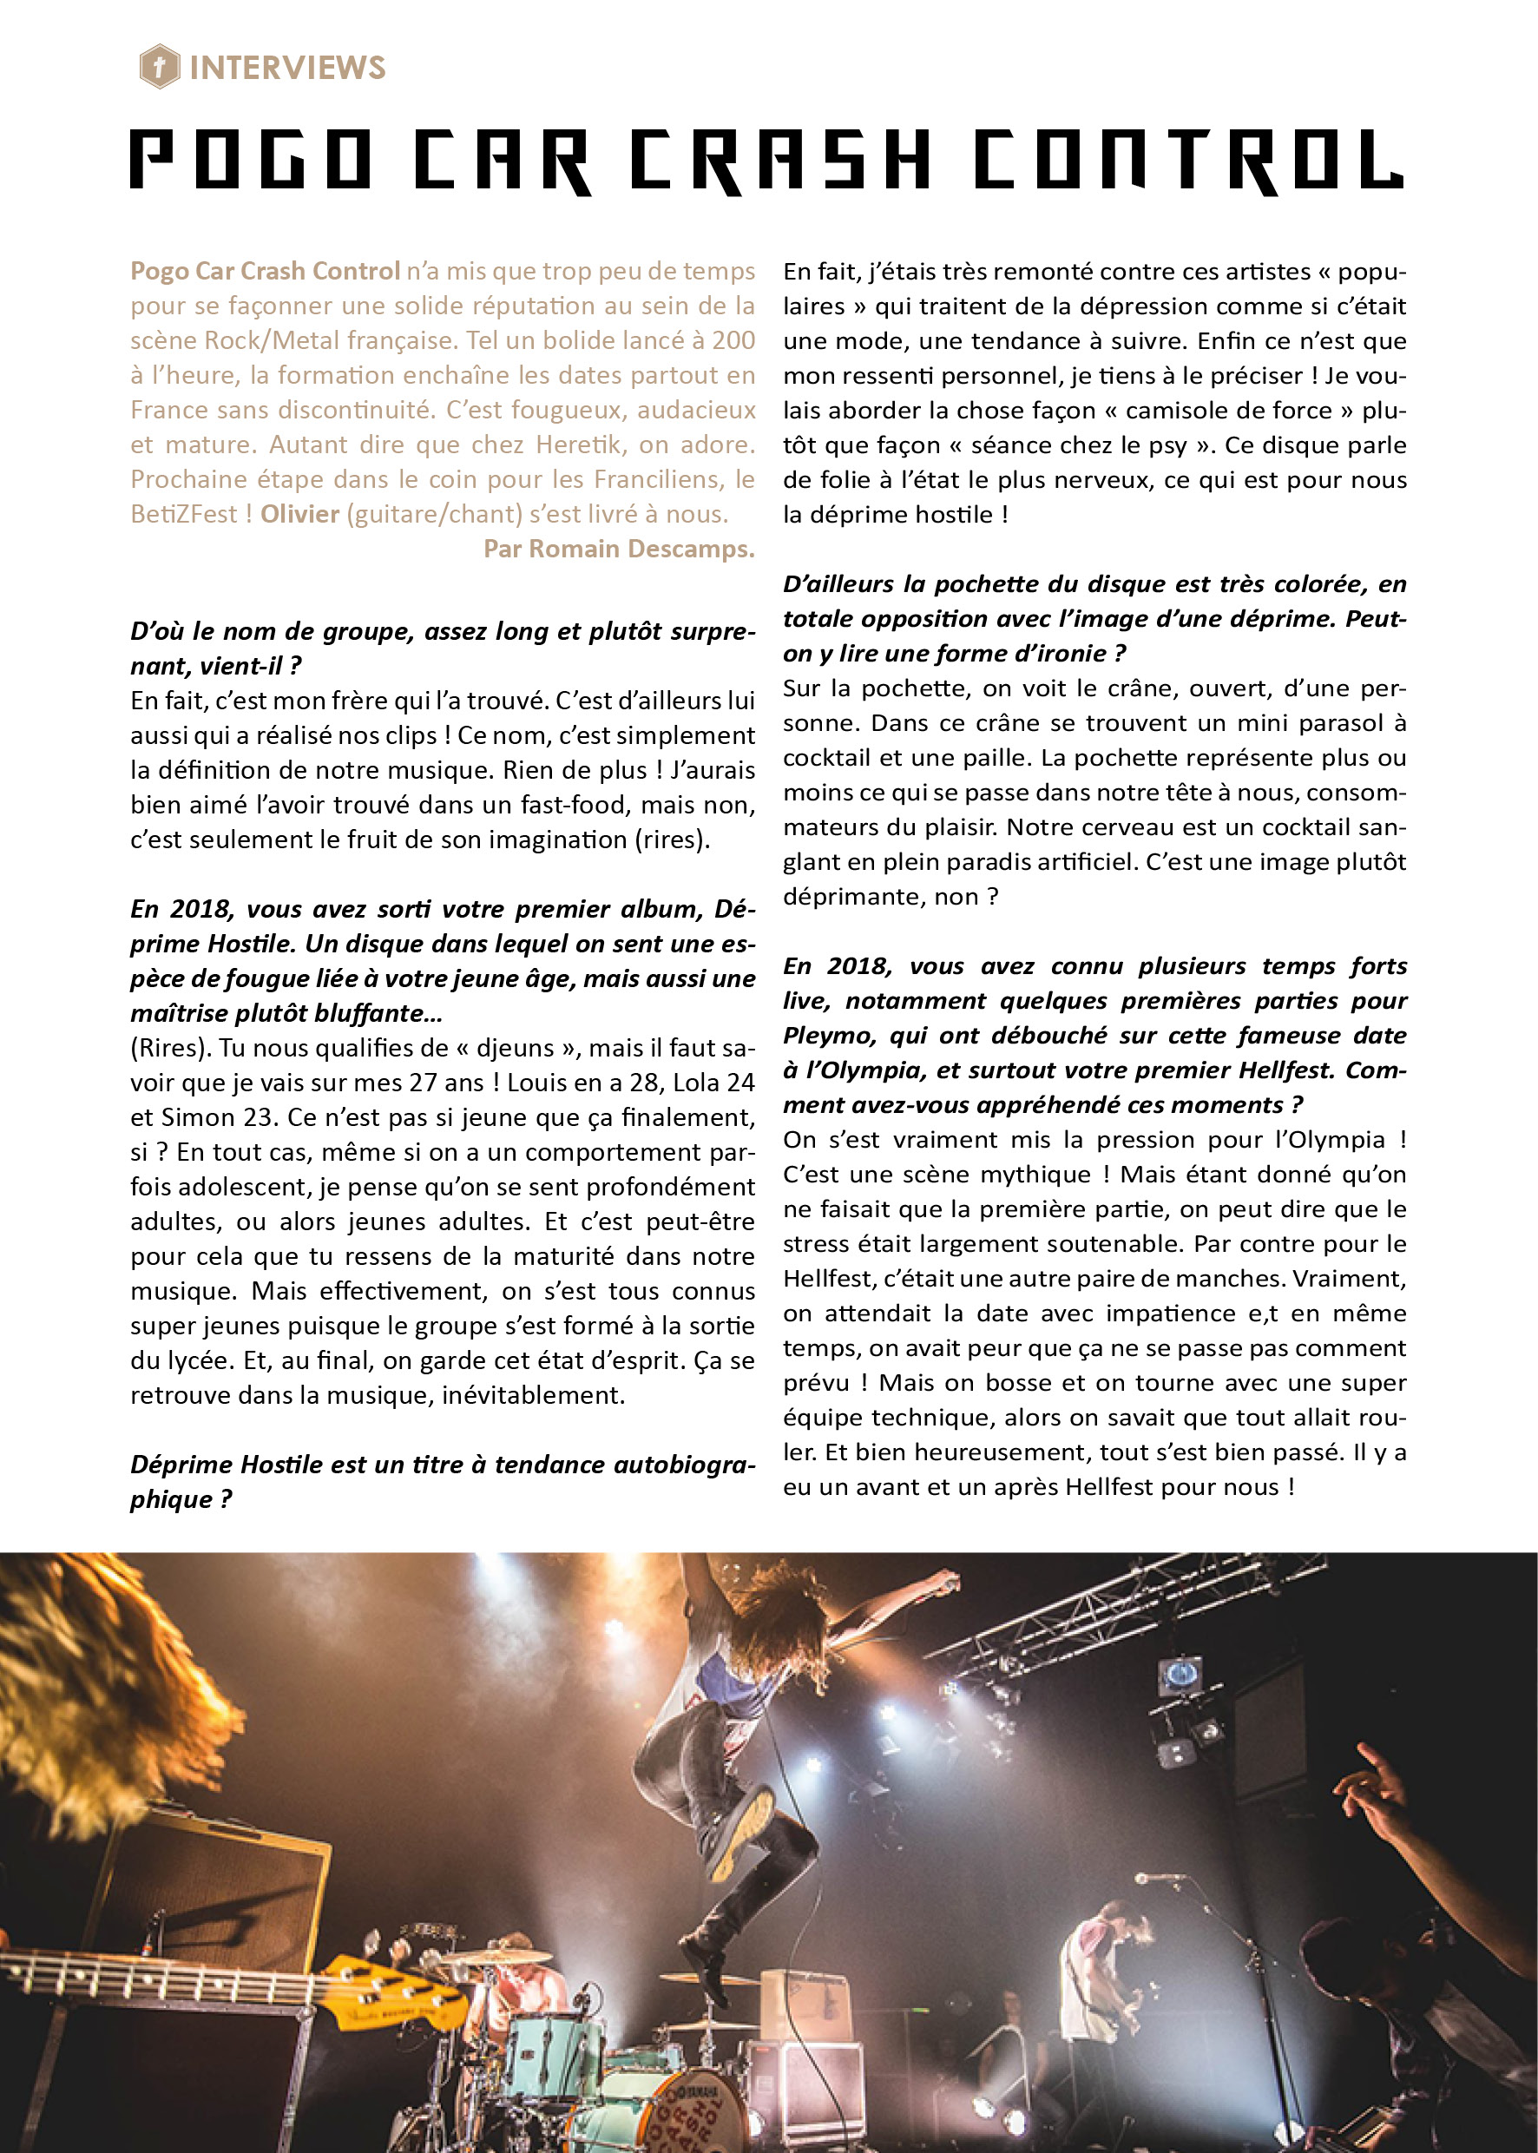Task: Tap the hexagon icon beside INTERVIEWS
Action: tap(160, 67)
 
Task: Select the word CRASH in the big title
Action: tap(781, 160)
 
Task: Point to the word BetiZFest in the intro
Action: tap(184, 514)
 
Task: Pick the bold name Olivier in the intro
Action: tap(299, 514)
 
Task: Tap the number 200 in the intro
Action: tap(733, 340)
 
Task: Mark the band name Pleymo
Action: tap(830, 1036)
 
